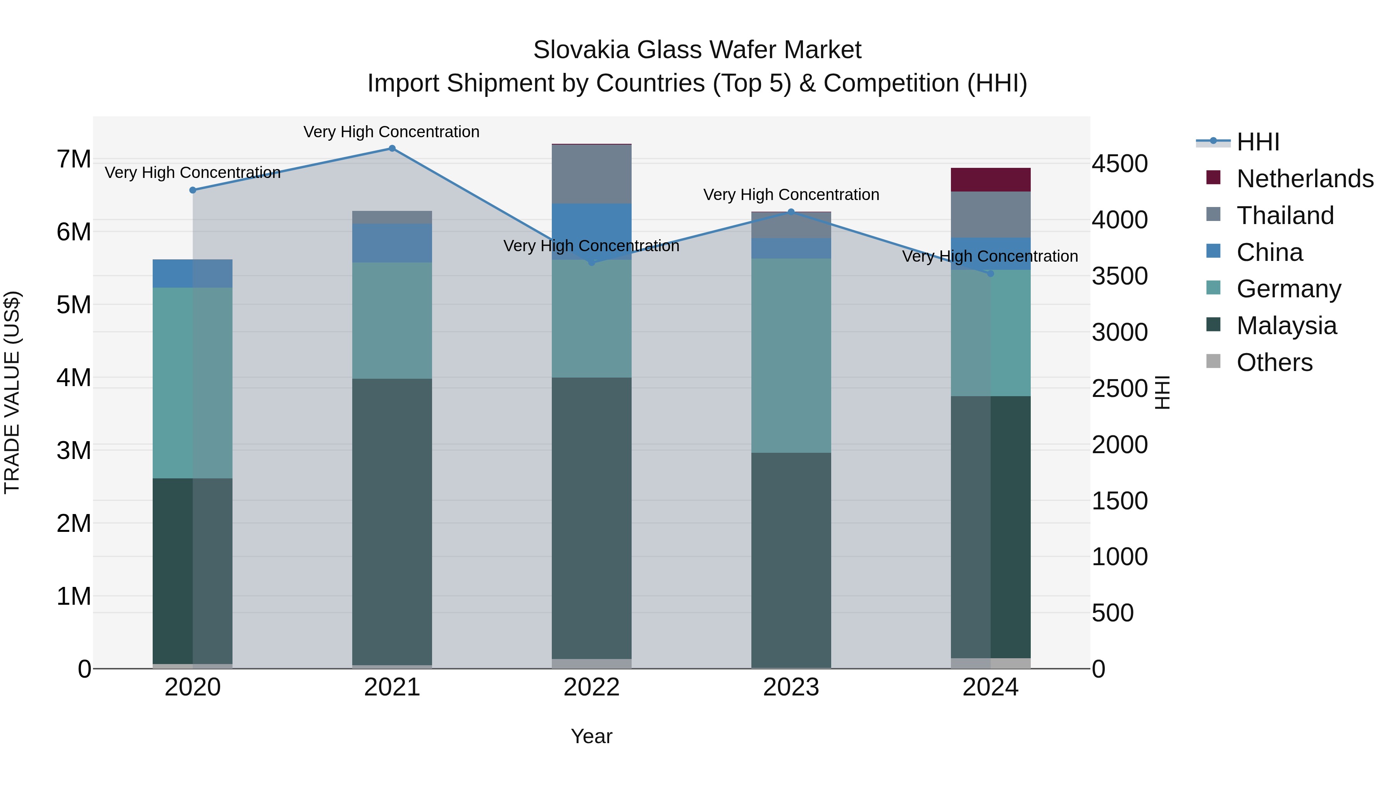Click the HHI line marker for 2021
tap(392, 148)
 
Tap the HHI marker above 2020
tap(193, 190)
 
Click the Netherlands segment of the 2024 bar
tap(990, 180)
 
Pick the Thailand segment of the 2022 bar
tap(591, 174)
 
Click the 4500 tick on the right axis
tap(1119, 164)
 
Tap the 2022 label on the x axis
tap(591, 687)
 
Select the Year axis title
tap(591, 736)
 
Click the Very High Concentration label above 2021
tap(391, 132)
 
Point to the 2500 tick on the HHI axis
tap(1119, 388)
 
